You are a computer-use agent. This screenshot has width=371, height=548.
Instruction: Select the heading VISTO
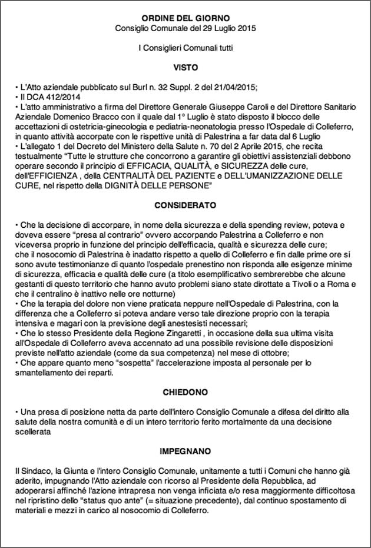pyautogui.click(x=185, y=67)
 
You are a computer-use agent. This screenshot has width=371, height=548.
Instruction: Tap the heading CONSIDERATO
pyautogui.click(x=185, y=205)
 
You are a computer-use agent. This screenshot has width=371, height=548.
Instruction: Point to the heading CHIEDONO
pyautogui.click(x=185, y=391)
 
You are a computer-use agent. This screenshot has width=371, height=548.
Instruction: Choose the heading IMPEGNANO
pyautogui.click(x=185, y=451)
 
